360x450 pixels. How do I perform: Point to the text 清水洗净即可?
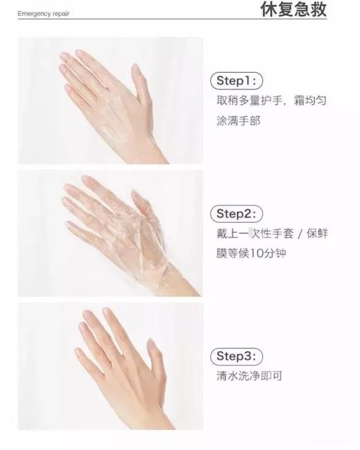point(249,377)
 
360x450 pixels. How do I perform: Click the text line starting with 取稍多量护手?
point(271,100)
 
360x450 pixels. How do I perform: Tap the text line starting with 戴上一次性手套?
point(271,233)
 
